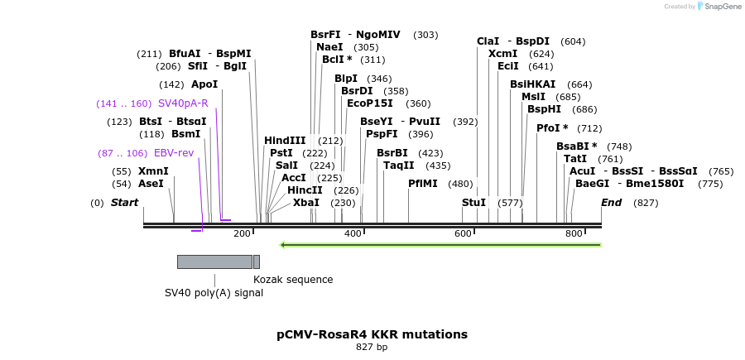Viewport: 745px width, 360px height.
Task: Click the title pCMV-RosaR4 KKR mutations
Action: click(372, 334)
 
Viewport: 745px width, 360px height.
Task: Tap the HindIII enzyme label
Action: click(285, 141)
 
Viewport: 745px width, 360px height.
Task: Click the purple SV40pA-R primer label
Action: click(183, 103)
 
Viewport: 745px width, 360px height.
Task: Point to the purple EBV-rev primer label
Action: click(173, 153)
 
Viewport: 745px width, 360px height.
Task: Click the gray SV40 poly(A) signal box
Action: click(214, 262)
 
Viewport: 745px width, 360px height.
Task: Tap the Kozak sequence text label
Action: click(293, 280)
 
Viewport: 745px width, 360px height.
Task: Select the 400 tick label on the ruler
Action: click(353, 234)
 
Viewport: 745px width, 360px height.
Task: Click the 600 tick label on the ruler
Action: click(463, 234)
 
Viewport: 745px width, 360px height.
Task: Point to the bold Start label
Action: click(124, 203)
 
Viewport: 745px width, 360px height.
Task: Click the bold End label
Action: click(611, 203)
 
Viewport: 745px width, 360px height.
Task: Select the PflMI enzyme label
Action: click(423, 184)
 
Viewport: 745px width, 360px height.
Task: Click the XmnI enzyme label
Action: click(153, 171)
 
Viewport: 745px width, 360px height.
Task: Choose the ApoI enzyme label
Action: click(204, 84)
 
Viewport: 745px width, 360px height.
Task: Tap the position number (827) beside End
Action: click(646, 203)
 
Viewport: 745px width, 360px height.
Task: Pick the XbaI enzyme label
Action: click(305, 203)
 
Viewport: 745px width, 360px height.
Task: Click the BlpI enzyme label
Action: click(346, 79)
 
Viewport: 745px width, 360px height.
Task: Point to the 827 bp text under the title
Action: click(372, 348)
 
